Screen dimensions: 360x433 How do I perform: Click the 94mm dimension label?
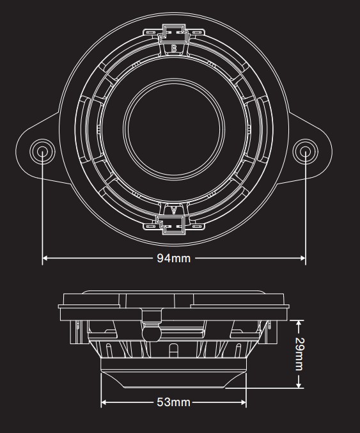pyautogui.click(x=174, y=258)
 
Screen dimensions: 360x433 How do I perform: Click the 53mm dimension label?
pyautogui.click(x=174, y=402)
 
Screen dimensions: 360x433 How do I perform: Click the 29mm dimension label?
pyautogui.click(x=299, y=354)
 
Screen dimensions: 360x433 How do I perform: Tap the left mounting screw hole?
pyautogui.click(x=42, y=152)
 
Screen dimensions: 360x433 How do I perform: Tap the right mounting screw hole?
pyautogui.click(x=306, y=152)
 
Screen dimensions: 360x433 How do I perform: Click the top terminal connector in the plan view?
pyautogui.click(x=173, y=34)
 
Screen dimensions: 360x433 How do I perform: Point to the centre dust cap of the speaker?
pyautogui.click(x=174, y=129)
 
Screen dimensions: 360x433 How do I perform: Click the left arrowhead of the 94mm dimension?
pyautogui.click(x=45, y=258)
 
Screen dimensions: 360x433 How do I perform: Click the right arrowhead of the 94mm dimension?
pyautogui.click(x=302, y=258)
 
